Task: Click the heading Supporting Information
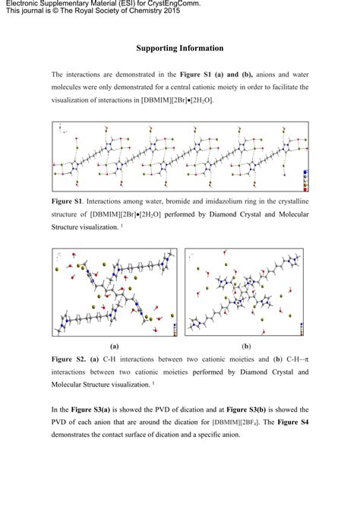click(x=180, y=48)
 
